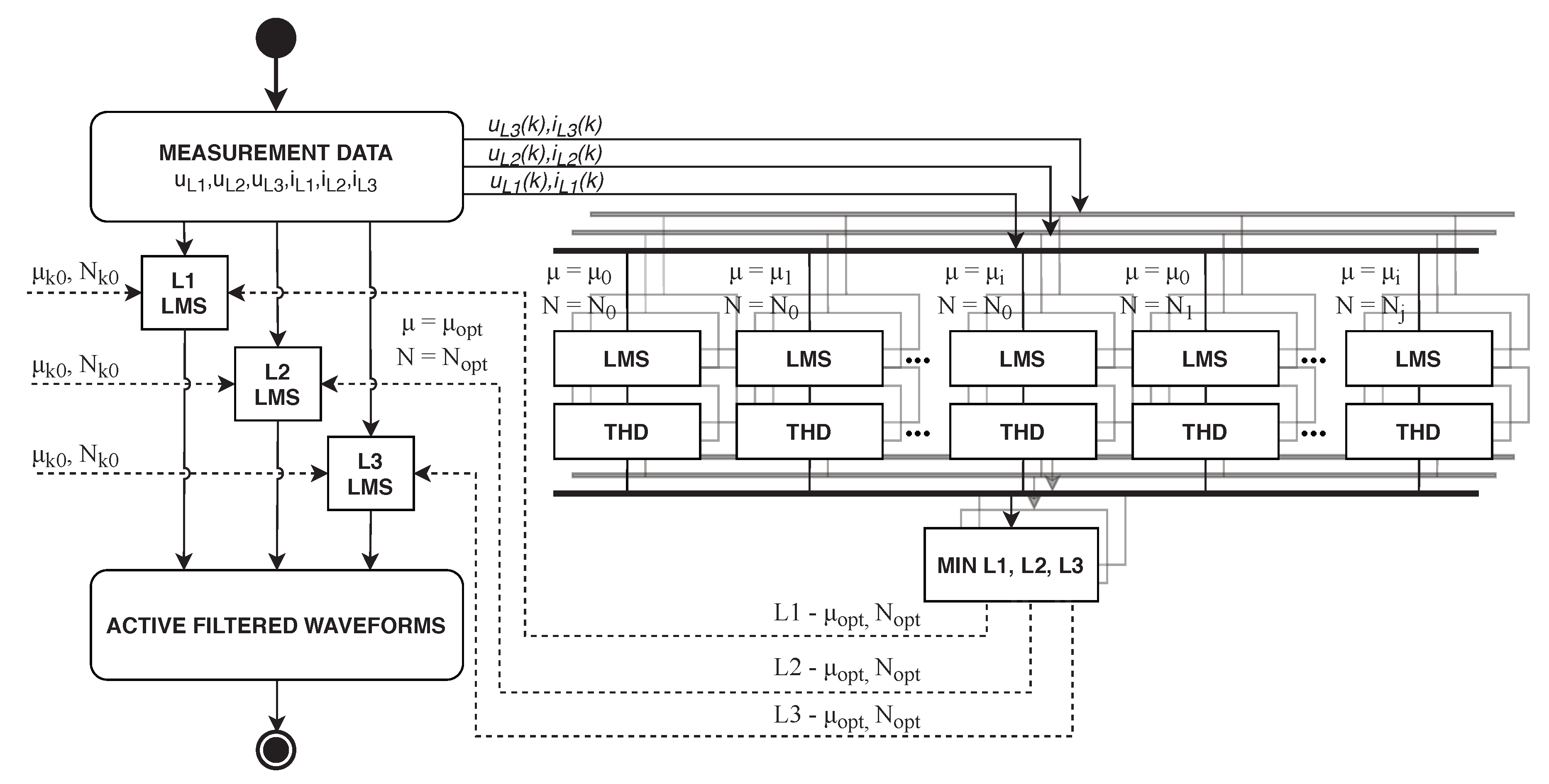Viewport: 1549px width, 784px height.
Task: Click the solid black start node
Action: point(276,38)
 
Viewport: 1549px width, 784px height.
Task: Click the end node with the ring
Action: point(276,750)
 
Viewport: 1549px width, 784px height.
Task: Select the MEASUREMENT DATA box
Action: point(276,166)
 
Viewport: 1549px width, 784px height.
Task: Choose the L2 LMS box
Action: point(277,384)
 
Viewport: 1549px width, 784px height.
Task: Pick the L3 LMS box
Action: point(370,473)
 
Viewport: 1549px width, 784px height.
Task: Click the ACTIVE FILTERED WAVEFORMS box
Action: point(276,625)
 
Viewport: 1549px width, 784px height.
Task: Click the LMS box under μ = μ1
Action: point(809,359)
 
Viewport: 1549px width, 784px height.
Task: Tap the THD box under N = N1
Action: point(1205,431)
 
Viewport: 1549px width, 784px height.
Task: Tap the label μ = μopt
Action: point(442,326)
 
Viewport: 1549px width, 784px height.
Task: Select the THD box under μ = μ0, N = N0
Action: point(627,431)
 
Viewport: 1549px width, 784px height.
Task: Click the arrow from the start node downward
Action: point(276,84)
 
